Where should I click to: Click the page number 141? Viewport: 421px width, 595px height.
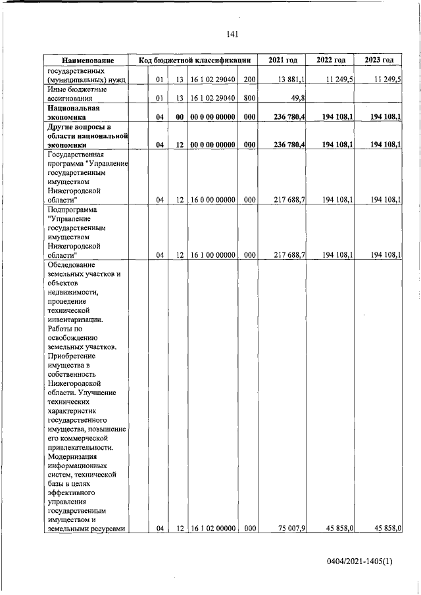[x=231, y=35]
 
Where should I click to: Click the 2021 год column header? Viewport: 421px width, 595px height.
[x=283, y=60]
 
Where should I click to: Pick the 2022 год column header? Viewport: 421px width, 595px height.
[x=331, y=60]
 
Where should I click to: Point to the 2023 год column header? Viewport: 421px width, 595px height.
[x=379, y=60]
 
